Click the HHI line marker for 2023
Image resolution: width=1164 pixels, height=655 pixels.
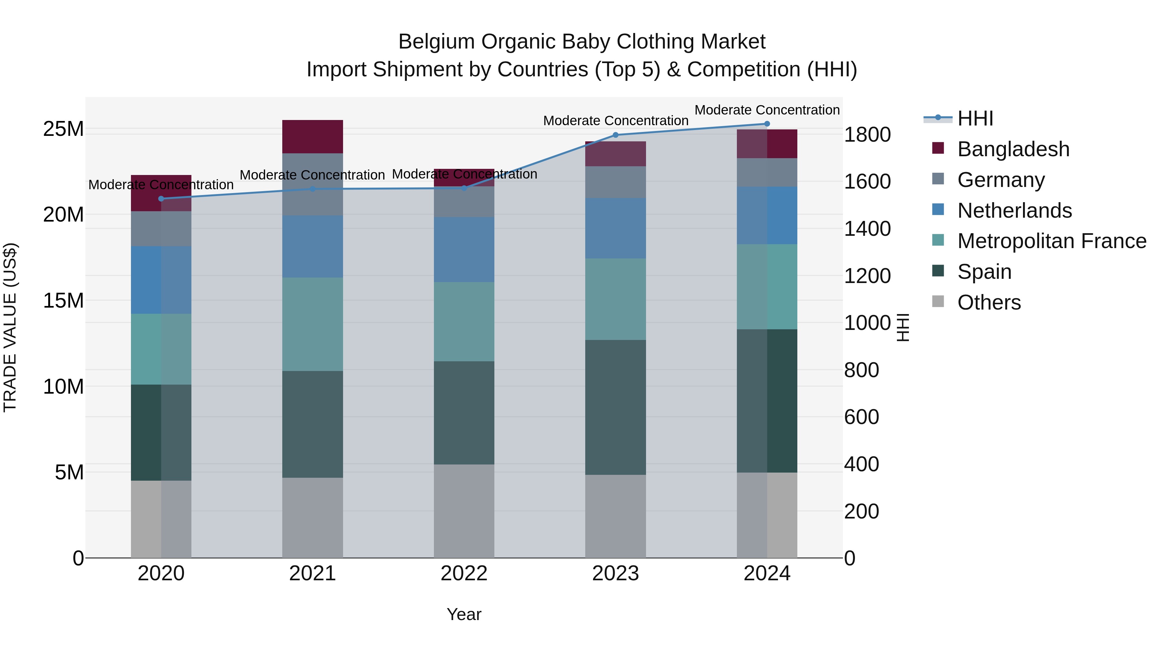click(x=615, y=135)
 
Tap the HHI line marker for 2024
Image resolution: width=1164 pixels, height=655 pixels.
click(x=767, y=124)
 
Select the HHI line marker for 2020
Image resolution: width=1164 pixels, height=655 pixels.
click(x=161, y=199)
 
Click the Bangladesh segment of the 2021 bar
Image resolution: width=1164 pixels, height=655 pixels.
click(x=313, y=136)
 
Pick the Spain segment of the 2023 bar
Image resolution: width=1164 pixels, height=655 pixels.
click(x=615, y=407)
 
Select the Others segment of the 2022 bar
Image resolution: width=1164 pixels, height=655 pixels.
click(x=464, y=511)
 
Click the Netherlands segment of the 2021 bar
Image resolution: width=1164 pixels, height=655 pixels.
click(x=313, y=246)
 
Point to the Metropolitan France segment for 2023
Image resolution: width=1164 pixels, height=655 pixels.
click(x=615, y=299)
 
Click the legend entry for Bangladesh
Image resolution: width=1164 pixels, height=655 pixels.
click(x=1013, y=149)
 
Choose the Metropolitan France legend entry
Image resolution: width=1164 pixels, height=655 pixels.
click(x=1051, y=241)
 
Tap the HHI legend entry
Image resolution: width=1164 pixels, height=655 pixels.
click(x=975, y=118)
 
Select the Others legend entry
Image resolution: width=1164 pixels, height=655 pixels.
click(x=989, y=302)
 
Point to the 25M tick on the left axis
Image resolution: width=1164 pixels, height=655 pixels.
click(x=63, y=129)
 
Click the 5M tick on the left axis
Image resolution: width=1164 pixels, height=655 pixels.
click(x=69, y=472)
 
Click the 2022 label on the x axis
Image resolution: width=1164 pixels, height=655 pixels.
click(x=464, y=573)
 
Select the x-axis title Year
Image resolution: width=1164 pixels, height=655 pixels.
click(x=464, y=614)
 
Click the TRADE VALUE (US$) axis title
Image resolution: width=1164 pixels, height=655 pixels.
click(x=10, y=327)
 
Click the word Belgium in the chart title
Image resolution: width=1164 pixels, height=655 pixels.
click(x=436, y=42)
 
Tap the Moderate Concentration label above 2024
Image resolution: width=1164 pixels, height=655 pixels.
click(x=767, y=110)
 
